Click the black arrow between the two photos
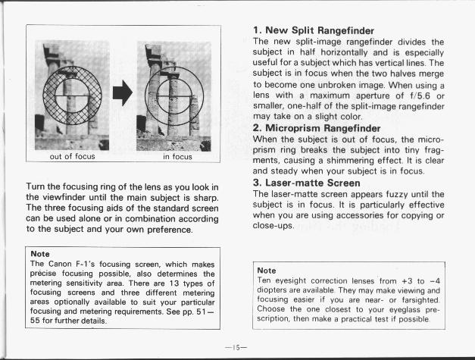pos(123,93)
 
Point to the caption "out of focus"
pos(72,158)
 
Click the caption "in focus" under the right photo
pos(177,158)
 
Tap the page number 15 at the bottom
pos(236,346)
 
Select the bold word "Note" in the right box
pos(267,271)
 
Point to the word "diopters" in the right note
pos(274,290)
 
